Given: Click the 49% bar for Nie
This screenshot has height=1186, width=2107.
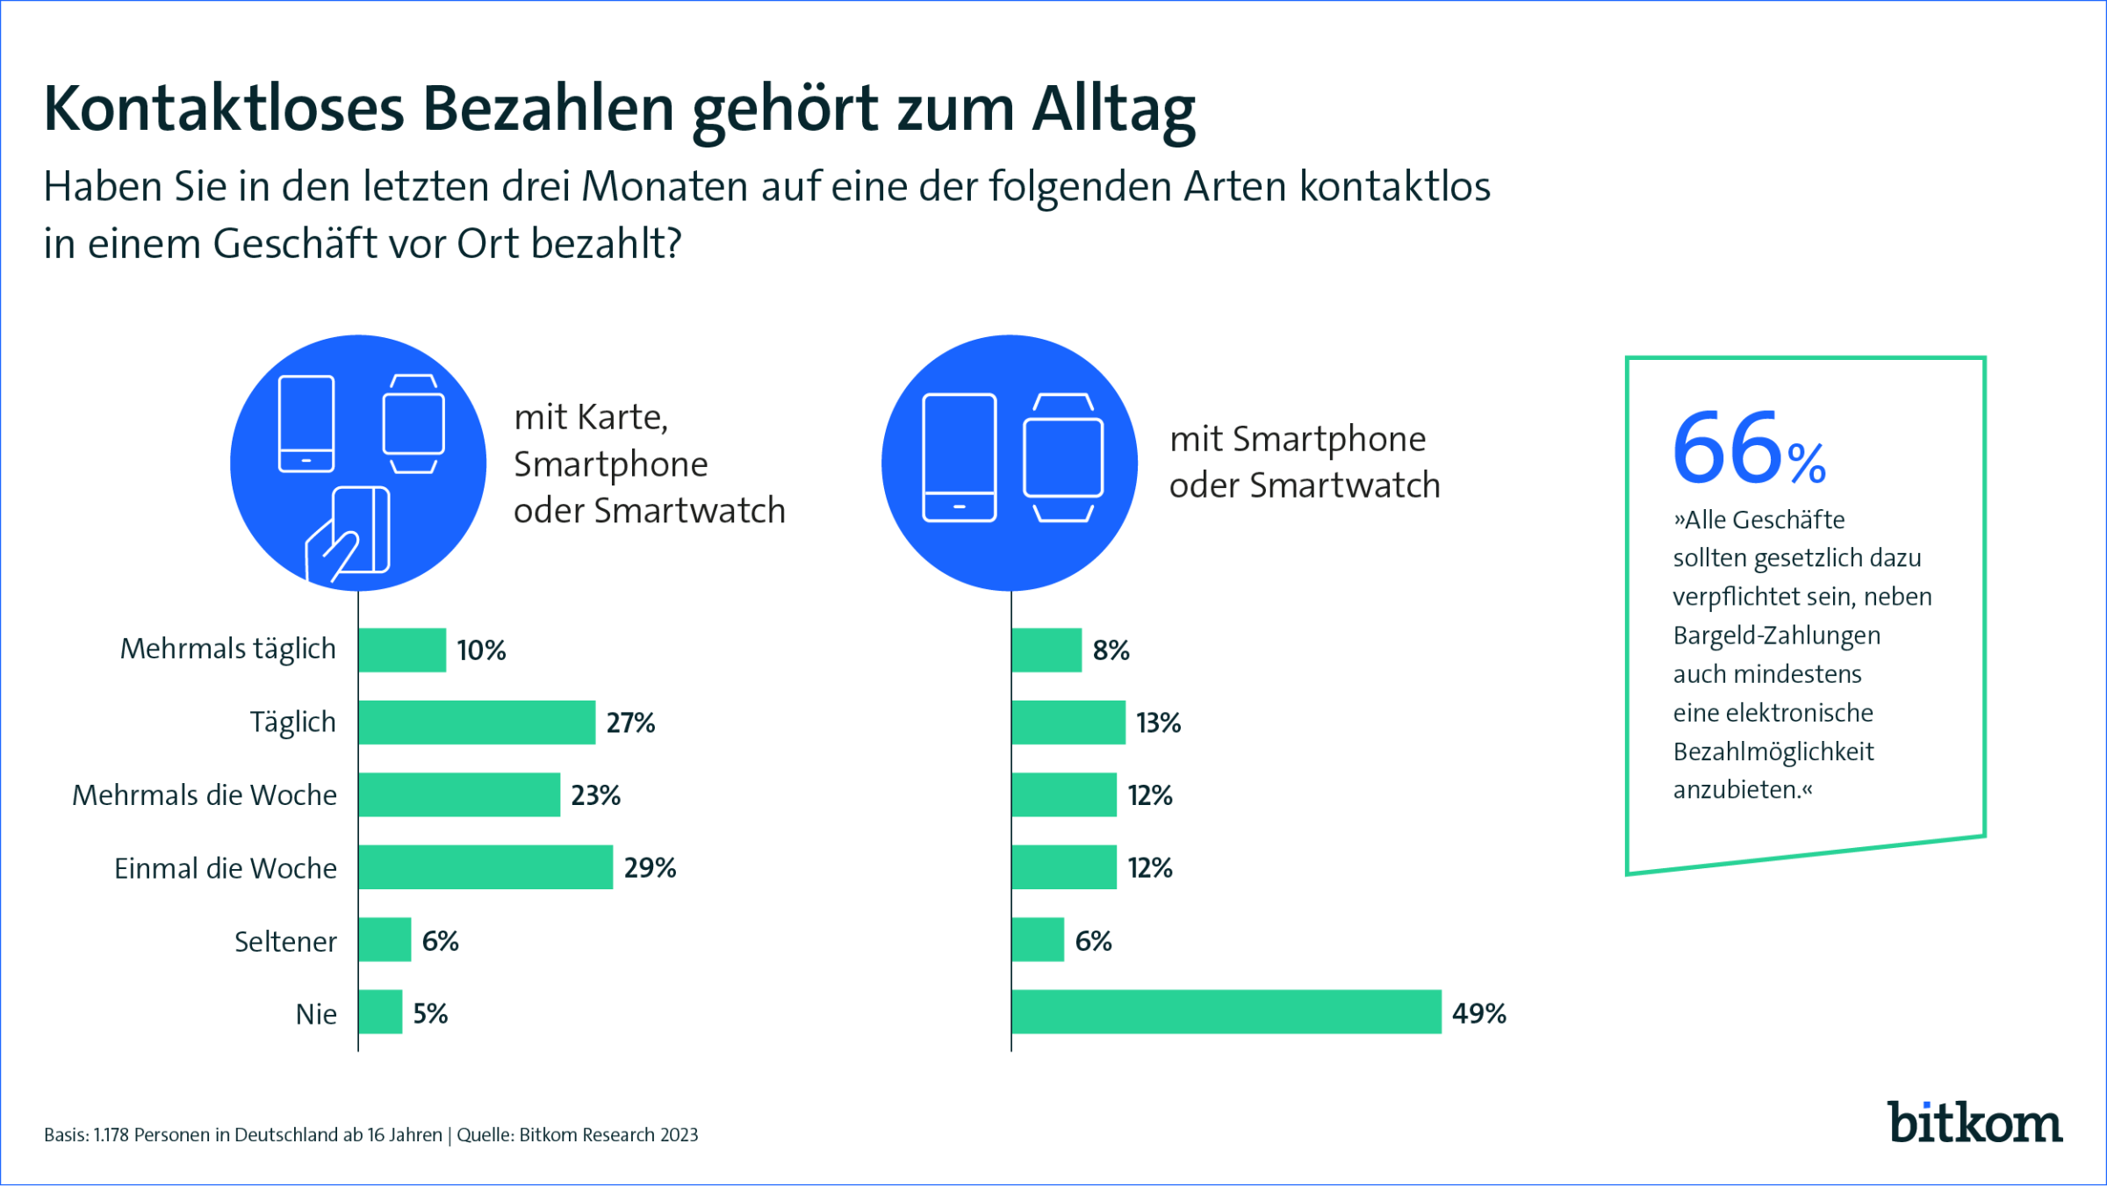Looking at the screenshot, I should [x=1226, y=1012].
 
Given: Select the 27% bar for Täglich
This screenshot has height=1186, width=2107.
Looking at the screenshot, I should [x=477, y=722].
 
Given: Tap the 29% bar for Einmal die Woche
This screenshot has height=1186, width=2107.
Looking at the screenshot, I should [x=485, y=867].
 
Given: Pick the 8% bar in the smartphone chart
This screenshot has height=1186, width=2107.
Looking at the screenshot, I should [x=1046, y=651].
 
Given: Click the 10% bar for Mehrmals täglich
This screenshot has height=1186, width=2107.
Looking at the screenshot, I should [x=402, y=651].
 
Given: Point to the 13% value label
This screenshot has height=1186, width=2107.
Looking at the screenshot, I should [x=1158, y=722].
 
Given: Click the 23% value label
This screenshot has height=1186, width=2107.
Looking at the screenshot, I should [x=595, y=795].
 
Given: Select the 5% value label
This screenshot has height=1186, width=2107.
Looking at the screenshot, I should [x=430, y=1014].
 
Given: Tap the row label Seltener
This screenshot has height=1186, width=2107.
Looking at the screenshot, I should [x=285, y=941].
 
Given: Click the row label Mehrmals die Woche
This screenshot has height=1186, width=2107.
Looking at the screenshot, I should [x=205, y=795].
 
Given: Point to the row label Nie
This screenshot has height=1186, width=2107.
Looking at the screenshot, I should [x=316, y=1014].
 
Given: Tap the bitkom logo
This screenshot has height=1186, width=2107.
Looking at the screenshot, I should [x=1974, y=1123].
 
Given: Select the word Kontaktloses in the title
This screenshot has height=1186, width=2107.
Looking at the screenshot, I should [x=224, y=110].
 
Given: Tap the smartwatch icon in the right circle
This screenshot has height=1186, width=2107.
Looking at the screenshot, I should [x=1063, y=457].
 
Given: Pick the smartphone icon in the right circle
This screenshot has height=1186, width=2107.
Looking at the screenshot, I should [x=959, y=457].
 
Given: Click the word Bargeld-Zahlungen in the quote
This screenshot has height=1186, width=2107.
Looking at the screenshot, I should [x=1776, y=636].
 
